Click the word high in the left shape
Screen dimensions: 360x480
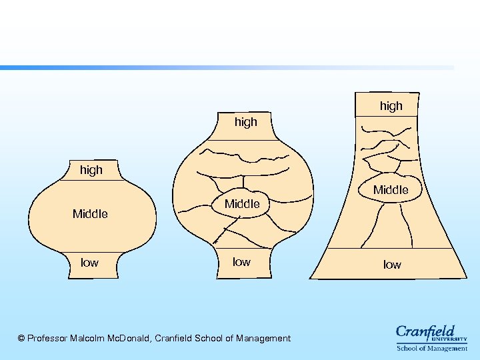91,170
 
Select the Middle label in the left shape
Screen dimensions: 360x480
90,214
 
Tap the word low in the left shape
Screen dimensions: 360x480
89,263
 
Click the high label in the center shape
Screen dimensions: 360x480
245,122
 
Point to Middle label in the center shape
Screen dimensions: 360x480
242,204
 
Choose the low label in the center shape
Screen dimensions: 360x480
241,262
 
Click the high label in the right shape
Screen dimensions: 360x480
391,106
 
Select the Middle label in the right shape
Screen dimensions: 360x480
391,190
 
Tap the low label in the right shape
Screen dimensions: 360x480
392,265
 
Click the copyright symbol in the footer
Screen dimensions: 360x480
21,339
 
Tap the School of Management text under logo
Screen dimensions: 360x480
432,348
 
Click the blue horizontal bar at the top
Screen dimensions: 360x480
200,67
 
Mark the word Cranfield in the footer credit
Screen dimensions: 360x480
175,339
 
